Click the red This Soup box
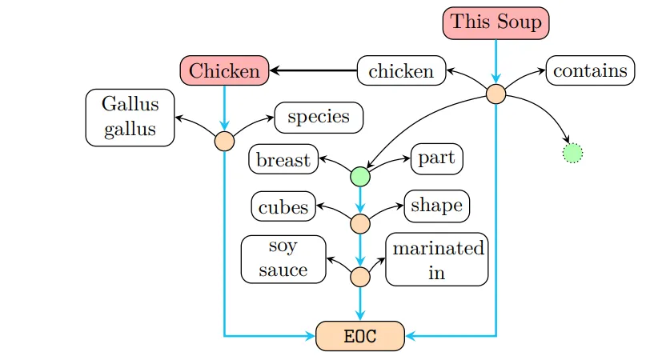pos(496,22)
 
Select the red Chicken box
pos(224,71)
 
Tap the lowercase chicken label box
pos(401,71)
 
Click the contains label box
pos(590,70)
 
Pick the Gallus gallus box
pos(130,117)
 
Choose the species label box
pos(319,117)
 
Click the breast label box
pos(283,160)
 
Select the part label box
pos(436,158)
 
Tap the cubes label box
pos(283,207)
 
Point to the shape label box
pos(436,206)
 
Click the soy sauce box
pos(283,259)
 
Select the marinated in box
pos(436,260)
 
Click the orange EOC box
pos(360,336)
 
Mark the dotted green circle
pos(572,152)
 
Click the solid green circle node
pos(360,175)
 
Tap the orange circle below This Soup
pos(496,94)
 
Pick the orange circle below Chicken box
pos(224,141)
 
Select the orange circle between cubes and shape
pos(360,223)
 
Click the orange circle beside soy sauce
pos(360,277)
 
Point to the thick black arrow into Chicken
pos(312,71)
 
